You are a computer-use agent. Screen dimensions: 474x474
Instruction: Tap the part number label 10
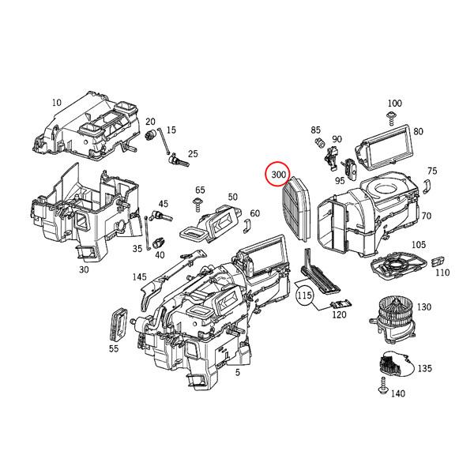pyautogui.click(x=56, y=103)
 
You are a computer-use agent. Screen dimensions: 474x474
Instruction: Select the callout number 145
pyautogui.click(x=139, y=276)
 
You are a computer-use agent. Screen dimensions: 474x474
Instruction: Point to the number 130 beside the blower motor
pyautogui.click(x=424, y=307)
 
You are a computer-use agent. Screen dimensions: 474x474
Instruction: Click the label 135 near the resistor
pyautogui.click(x=424, y=368)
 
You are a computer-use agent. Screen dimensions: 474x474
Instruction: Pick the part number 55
pyautogui.click(x=113, y=348)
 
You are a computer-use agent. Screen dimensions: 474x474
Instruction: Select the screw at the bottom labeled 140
pyautogui.click(x=381, y=387)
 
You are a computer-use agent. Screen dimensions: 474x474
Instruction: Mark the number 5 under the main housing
pyautogui.click(x=237, y=372)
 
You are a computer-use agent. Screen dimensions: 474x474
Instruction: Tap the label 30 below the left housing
pyautogui.click(x=84, y=269)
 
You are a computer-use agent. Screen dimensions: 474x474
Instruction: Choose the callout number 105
pyautogui.click(x=419, y=245)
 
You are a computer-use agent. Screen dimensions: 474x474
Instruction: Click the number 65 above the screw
pyautogui.click(x=200, y=190)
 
